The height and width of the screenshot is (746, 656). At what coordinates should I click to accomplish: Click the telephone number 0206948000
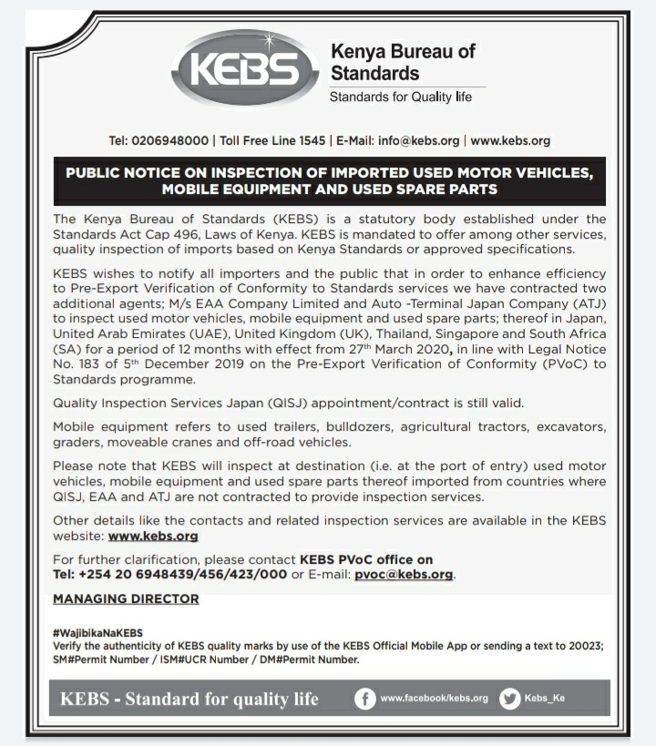169,141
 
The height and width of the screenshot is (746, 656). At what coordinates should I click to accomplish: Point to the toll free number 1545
312,141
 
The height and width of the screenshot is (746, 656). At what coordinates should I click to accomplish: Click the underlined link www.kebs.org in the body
152,537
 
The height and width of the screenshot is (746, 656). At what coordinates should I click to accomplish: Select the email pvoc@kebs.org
404,575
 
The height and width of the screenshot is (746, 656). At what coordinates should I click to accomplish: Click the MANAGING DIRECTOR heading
126,598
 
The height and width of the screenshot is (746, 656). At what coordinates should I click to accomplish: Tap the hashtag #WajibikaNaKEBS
97,632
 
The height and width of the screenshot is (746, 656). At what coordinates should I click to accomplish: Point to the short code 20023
583,646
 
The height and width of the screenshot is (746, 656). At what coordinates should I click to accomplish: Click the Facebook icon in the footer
364,699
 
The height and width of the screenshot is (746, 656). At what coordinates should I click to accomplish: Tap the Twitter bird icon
510,699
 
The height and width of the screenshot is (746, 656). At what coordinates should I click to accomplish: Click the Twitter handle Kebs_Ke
545,699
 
